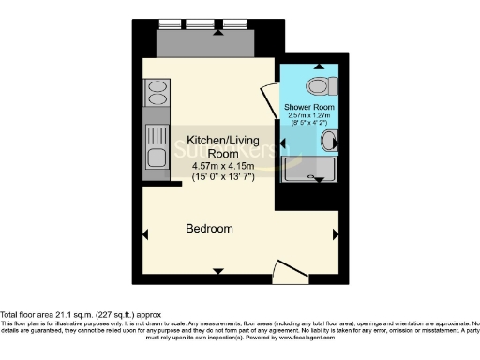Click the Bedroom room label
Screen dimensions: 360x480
[x=208, y=229]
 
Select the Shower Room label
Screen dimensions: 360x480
[x=309, y=107]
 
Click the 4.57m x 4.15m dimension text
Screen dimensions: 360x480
[x=209, y=166]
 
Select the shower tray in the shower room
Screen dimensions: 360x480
[x=310, y=170]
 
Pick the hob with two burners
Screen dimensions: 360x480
[x=154, y=92]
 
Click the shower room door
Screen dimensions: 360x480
[x=268, y=97]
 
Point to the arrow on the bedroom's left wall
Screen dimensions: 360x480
[x=145, y=233]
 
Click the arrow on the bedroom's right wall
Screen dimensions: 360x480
[x=335, y=233]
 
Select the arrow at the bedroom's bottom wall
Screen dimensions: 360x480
[x=218, y=271]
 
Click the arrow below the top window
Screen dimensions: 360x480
[x=218, y=32]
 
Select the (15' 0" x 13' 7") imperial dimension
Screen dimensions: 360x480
[x=209, y=176]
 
